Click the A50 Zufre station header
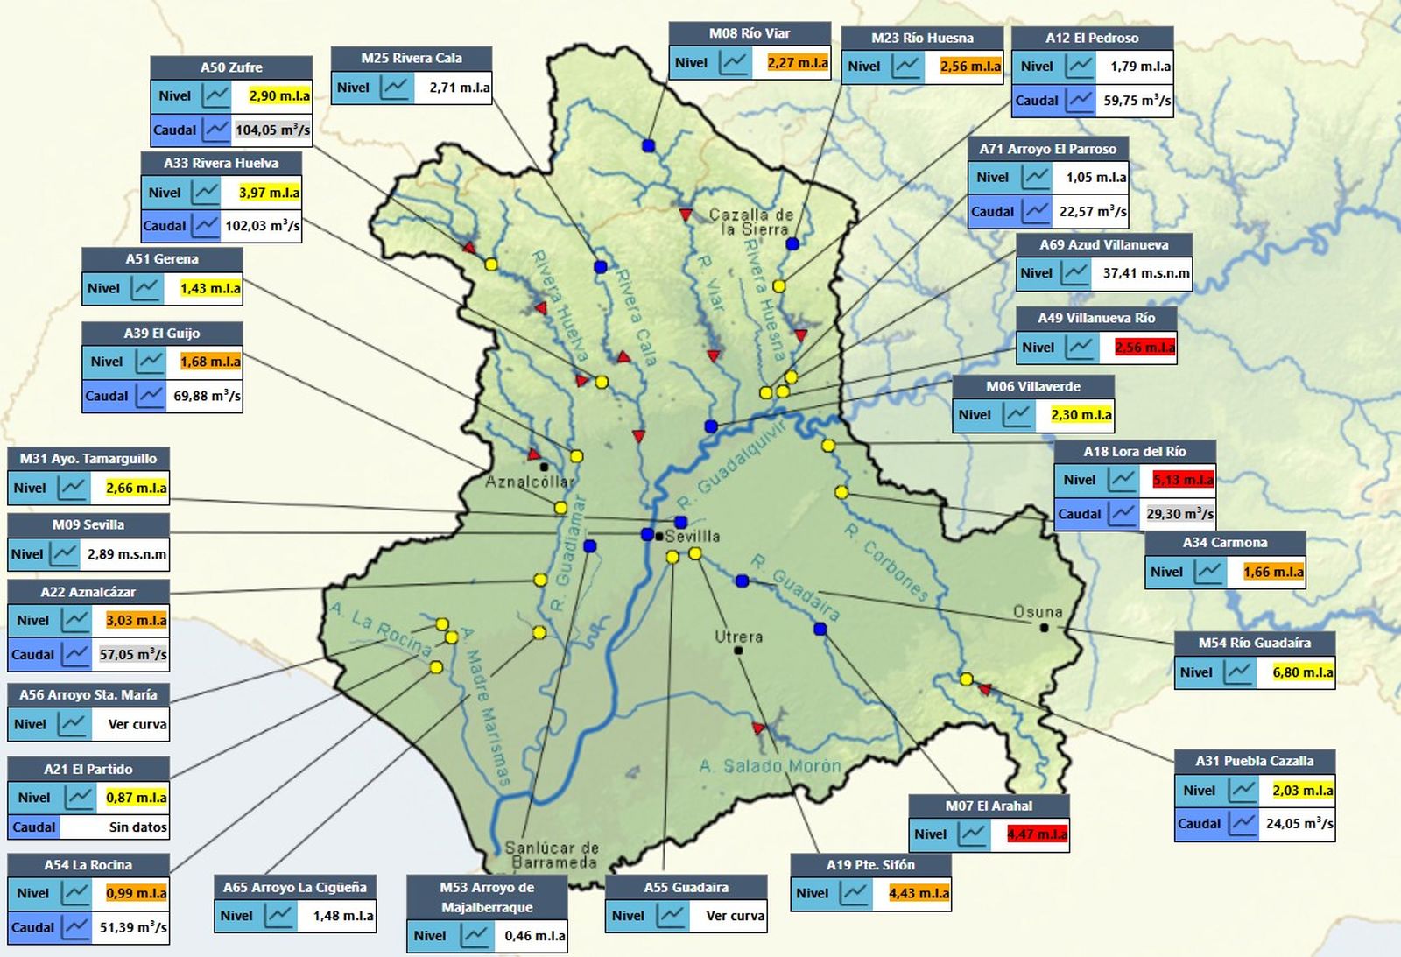pos(231,67)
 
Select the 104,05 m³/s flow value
pos(272,130)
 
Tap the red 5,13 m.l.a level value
pos(1183,480)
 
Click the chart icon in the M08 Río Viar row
pos(735,62)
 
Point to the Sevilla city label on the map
pos(693,536)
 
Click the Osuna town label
pos(1038,611)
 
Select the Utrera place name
pos(738,637)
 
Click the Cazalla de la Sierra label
pos(751,221)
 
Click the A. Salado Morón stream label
pos(770,766)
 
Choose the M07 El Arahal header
pos(989,806)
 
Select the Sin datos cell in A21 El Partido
pos(137,827)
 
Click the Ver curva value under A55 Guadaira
pos(735,916)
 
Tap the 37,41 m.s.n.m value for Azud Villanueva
pos(1146,273)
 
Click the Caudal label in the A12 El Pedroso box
pos(1037,101)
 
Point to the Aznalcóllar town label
pos(530,482)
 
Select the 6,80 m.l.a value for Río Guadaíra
pos(1302,672)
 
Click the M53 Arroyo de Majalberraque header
pos(487,897)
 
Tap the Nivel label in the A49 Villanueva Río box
pos(1038,348)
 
